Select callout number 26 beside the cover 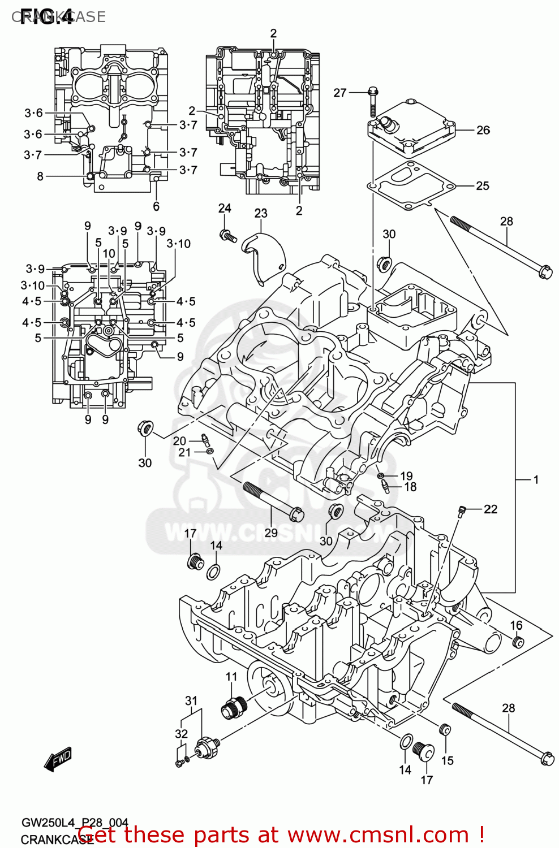(483, 130)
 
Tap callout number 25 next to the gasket (482, 186)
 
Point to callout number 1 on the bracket (535, 479)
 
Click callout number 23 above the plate (260, 213)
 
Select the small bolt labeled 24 (227, 234)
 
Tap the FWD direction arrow (58, 760)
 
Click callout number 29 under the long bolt (271, 533)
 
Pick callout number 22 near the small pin (491, 509)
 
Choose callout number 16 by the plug (516, 625)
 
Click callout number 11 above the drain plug (231, 677)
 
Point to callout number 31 (191, 700)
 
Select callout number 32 (181, 733)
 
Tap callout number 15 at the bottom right (447, 760)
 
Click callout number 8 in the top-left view (40, 176)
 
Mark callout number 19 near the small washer (406, 475)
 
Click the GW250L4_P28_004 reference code (75, 823)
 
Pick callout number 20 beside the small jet (179, 441)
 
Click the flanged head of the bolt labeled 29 (296, 514)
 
